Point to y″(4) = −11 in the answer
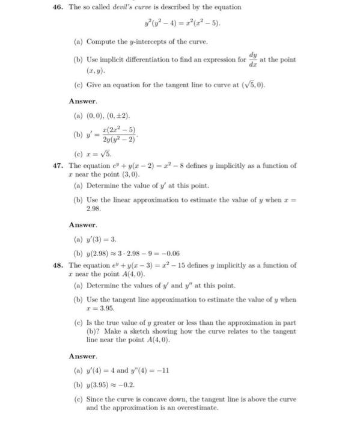[x=147, y=370]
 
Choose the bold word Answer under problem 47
[x=82, y=225]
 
